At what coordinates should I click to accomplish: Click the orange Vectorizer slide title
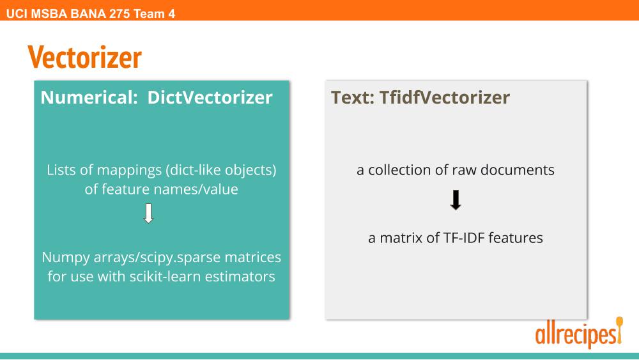pos(85,57)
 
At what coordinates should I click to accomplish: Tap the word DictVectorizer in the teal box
pos(210,97)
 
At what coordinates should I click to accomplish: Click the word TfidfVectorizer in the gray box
pos(445,97)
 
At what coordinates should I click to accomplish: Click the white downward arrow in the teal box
pos(148,213)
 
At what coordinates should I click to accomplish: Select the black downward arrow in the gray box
pos(456,200)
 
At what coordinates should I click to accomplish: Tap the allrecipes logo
pos(579,333)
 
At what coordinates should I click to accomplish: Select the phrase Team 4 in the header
pos(154,14)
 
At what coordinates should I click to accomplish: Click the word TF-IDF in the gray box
pos(464,238)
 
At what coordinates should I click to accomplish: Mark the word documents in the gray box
pos(518,169)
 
